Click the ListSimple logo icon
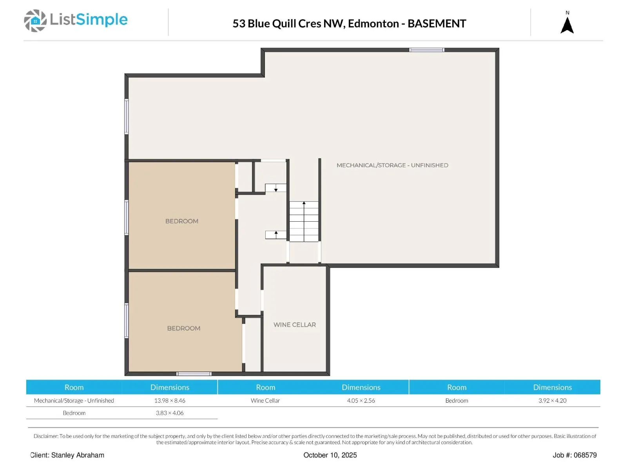coord(35,20)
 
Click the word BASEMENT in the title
coord(437,23)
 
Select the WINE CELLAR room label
coord(295,325)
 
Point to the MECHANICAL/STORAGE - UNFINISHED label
coord(392,165)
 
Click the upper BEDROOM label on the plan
coord(182,221)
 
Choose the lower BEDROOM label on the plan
coord(184,329)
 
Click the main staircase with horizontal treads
coord(304,221)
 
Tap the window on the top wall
coord(426,50)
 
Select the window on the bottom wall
coord(194,374)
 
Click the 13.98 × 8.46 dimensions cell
coord(170,401)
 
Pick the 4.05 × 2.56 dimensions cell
coord(361,401)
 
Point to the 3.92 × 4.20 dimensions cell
coord(552,401)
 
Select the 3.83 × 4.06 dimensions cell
coord(170,413)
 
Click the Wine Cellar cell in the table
coord(265,401)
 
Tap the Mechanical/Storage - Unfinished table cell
coord(74,401)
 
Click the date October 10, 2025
coord(330,455)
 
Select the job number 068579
coord(585,455)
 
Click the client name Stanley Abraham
coord(78,455)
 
